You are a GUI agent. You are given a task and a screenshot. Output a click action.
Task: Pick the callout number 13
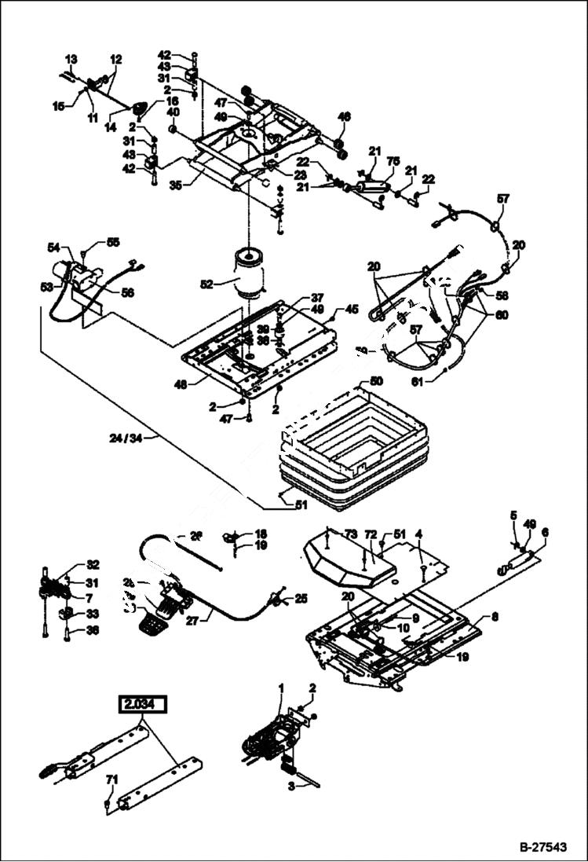[71, 59]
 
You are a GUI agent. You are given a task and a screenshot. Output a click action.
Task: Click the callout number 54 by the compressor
[54, 248]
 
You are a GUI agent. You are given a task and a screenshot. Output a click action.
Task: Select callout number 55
[113, 243]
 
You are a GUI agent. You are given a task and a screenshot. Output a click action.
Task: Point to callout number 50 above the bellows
[377, 381]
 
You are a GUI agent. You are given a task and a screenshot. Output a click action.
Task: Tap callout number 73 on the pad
[351, 534]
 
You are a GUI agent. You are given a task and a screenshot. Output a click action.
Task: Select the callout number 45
[352, 309]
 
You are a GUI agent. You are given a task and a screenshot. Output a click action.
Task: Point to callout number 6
[545, 532]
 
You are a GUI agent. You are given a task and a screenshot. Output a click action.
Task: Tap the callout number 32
[93, 564]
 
